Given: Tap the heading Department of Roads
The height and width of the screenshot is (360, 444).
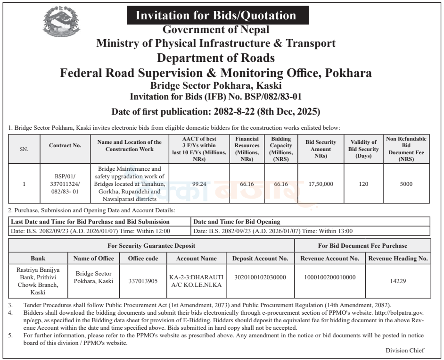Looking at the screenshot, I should [215, 59].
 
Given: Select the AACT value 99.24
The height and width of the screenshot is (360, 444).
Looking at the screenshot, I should [199, 184].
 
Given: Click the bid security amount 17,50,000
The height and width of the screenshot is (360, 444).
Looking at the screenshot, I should [321, 184].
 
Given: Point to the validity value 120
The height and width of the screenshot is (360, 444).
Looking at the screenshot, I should [363, 184].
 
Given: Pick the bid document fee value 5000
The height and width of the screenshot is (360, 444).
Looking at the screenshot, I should [406, 184].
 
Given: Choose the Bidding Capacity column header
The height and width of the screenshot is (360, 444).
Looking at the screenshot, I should [281, 149].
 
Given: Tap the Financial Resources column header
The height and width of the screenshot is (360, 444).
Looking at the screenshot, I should [247, 149].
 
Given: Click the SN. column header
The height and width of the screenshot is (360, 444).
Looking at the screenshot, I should [24, 149].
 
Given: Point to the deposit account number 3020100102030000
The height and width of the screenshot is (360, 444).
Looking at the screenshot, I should [260, 277].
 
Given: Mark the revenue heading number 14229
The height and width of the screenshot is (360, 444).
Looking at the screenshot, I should [398, 281].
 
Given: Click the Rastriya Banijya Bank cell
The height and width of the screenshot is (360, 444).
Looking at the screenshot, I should [38, 281].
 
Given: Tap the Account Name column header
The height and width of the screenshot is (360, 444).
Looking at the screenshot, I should [196, 259].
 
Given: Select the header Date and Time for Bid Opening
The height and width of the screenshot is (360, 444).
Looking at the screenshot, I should [237, 221].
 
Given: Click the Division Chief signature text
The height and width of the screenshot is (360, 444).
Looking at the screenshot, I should [404, 350].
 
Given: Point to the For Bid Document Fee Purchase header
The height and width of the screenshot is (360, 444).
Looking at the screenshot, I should [362, 245].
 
